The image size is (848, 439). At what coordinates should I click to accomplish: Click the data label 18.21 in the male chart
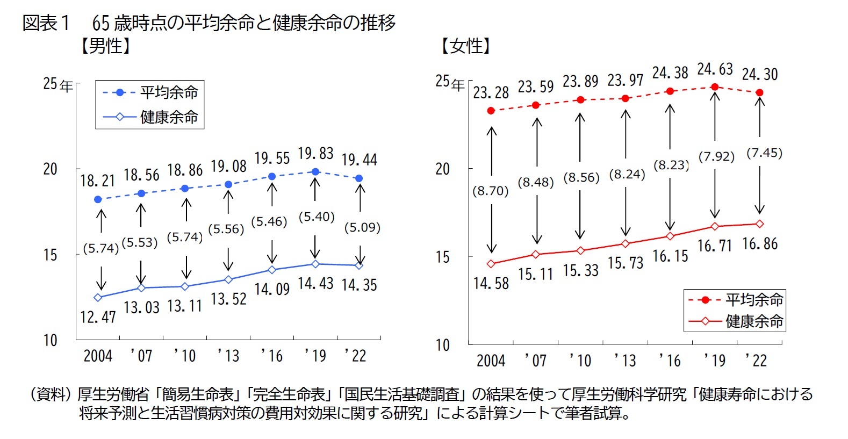pyautogui.click(x=97, y=181)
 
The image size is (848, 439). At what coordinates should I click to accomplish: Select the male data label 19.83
pyautogui.click(x=315, y=154)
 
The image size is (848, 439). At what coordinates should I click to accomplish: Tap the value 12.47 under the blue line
pyautogui.click(x=98, y=317)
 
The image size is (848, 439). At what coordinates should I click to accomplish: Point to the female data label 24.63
pyautogui.click(x=715, y=69)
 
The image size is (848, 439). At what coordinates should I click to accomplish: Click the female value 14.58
pyautogui.click(x=491, y=283)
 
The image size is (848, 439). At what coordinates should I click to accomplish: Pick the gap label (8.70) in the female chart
pyautogui.click(x=490, y=191)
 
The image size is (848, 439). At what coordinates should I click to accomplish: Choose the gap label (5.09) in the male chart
pyautogui.click(x=362, y=227)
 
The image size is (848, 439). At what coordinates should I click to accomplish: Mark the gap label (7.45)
pyautogui.click(x=764, y=153)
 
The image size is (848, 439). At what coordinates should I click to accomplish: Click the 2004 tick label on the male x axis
pyautogui.click(x=98, y=356)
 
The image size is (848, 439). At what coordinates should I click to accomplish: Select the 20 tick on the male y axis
pyautogui.click(x=50, y=169)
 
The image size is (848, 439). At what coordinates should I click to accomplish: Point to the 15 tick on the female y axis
pyautogui.click(x=442, y=257)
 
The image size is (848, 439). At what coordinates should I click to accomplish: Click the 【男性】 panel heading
pyautogui.click(x=105, y=46)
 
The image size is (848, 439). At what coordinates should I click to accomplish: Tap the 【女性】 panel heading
pyautogui.click(x=465, y=46)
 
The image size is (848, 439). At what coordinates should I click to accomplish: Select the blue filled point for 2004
pyautogui.click(x=98, y=199)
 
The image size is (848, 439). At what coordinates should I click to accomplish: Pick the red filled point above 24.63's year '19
pyautogui.click(x=715, y=87)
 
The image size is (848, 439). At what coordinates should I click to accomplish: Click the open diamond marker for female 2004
pyautogui.click(x=491, y=264)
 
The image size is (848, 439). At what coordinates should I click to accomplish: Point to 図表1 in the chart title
pyautogui.click(x=46, y=23)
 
